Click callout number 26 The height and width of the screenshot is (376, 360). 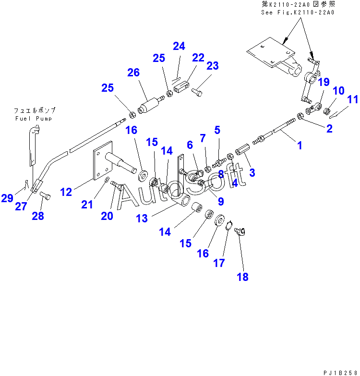click(x=133, y=73)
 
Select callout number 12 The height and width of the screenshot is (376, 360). click(x=66, y=192)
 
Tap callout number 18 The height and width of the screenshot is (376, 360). click(x=242, y=277)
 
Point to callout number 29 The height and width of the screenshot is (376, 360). click(x=7, y=198)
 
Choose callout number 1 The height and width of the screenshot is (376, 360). click(x=300, y=146)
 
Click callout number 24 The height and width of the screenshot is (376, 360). click(x=179, y=46)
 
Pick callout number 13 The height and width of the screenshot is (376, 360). click(x=142, y=218)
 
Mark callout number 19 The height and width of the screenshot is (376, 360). click(x=324, y=82)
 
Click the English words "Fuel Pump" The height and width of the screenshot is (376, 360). click(x=34, y=119)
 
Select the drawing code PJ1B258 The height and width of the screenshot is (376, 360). click(x=341, y=373)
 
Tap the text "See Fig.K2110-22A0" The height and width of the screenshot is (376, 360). click(x=298, y=12)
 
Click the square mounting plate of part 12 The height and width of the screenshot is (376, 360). click(x=103, y=160)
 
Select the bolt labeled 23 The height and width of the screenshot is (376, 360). click(x=197, y=92)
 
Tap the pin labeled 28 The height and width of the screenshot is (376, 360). click(x=45, y=195)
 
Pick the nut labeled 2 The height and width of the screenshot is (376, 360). click(x=300, y=116)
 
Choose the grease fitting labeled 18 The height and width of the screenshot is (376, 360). click(x=240, y=231)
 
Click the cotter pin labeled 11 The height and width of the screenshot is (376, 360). click(x=339, y=112)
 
